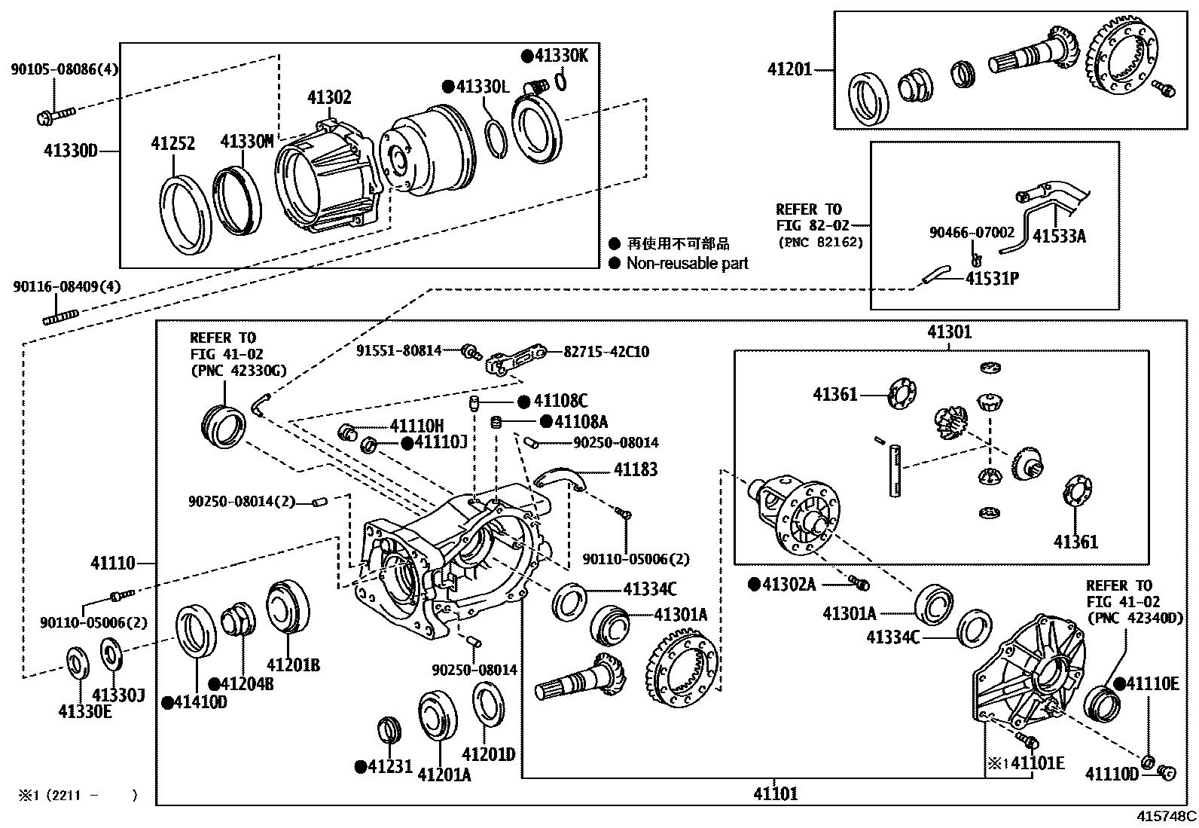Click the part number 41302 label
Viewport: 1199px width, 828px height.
[x=329, y=98]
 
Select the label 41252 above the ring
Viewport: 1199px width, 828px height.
[x=172, y=143]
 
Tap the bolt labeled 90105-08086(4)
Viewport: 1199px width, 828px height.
[x=54, y=115]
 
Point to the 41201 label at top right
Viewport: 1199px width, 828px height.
[x=789, y=69]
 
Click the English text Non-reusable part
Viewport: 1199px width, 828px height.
[x=687, y=264]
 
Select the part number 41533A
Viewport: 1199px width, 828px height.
[x=1059, y=237]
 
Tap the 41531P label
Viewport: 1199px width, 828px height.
[x=992, y=279]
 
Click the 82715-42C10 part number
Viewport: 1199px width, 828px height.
[x=606, y=351]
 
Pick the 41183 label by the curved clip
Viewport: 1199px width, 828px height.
[x=635, y=470]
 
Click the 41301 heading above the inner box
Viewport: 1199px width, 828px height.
[x=949, y=332]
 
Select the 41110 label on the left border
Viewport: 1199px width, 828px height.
[x=113, y=563]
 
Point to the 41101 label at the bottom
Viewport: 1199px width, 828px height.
[x=775, y=793]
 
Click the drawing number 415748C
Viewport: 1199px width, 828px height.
[x=1166, y=816]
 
